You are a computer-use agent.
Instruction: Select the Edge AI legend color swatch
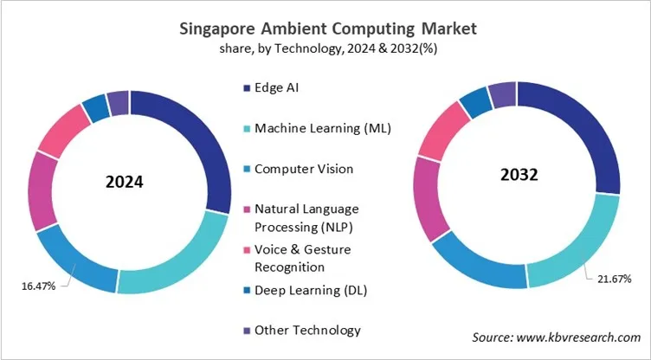point(246,87)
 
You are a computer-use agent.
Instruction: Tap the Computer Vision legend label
point(304,169)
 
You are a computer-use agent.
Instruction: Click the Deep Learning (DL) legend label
point(310,290)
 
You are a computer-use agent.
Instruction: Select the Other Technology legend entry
point(307,330)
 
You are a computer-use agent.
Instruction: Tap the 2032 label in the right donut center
point(519,174)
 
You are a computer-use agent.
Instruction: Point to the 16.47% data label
point(39,285)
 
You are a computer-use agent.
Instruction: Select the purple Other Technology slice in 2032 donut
point(501,95)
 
